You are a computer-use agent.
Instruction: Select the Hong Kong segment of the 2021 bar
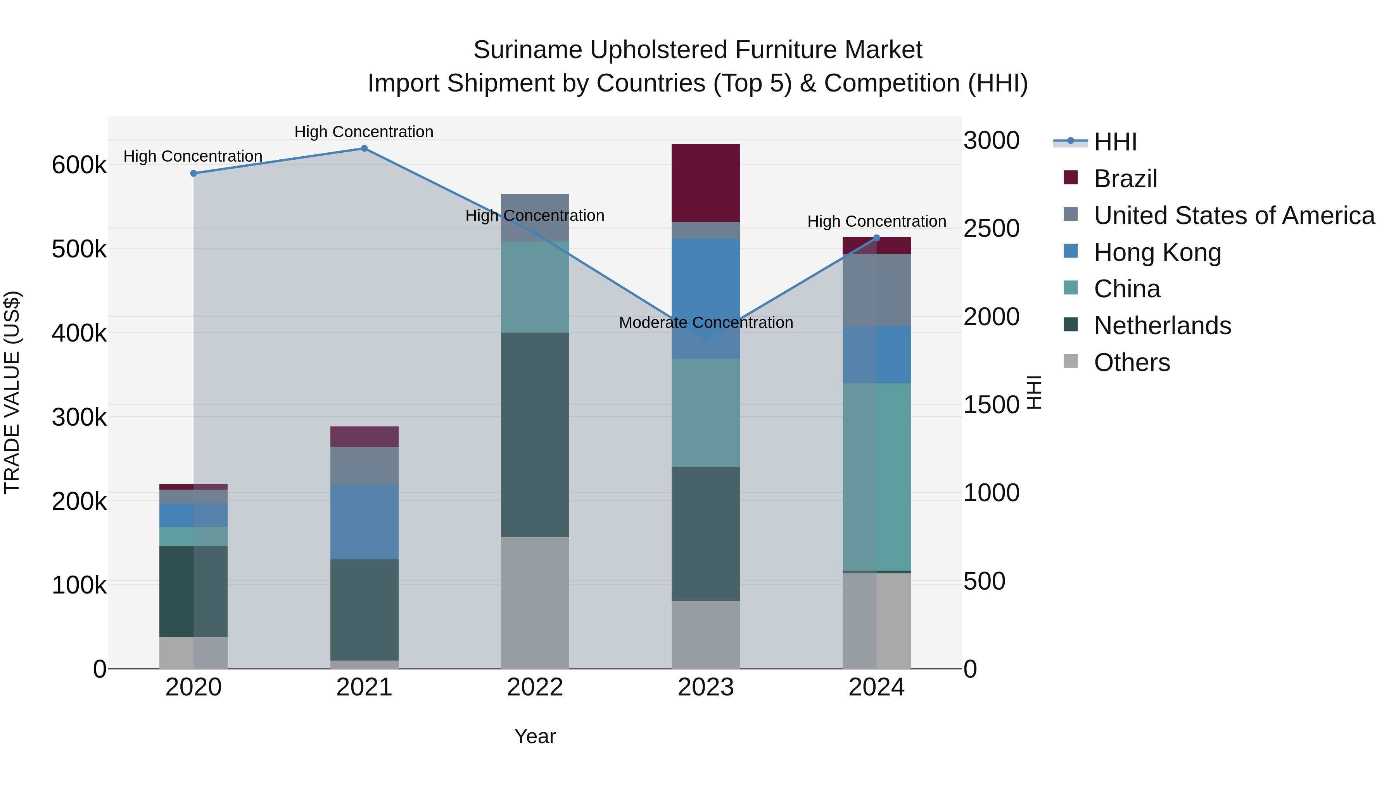[x=364, y=521]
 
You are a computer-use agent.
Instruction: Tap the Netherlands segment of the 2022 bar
[x=535, y=435]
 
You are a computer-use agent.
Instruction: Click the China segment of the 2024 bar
[x=876, y=477]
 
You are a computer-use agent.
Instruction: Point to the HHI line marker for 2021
[x=364, y=148]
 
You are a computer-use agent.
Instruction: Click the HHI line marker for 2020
[x=194, y=173]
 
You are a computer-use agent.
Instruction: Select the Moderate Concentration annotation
[x=706, y=323]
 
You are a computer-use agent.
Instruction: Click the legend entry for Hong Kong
[x=1157, y=252]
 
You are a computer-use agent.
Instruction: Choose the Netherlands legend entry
[x=1162, y=326]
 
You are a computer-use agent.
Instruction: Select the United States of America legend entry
[x=1234, y=216]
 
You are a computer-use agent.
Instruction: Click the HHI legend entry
[x=1115, y=142]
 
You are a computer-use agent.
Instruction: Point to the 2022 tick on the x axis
[x=535, y=687]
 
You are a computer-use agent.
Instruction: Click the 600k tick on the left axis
[x=79, y=165]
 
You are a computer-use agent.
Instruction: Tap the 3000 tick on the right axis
[x=991, y=140]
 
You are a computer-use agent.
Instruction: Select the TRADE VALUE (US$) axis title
[x=12, y=392]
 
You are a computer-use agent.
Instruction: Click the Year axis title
[x=535, y=736]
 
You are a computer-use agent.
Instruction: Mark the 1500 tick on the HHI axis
[x=991, y=405]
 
